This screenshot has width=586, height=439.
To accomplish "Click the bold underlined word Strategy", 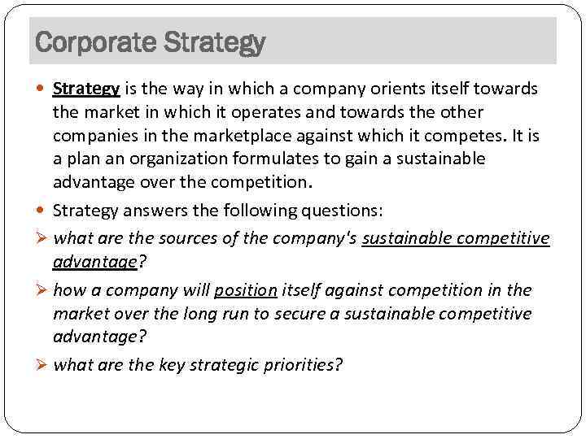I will (86, 89).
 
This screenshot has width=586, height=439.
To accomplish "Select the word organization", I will (174, 159).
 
